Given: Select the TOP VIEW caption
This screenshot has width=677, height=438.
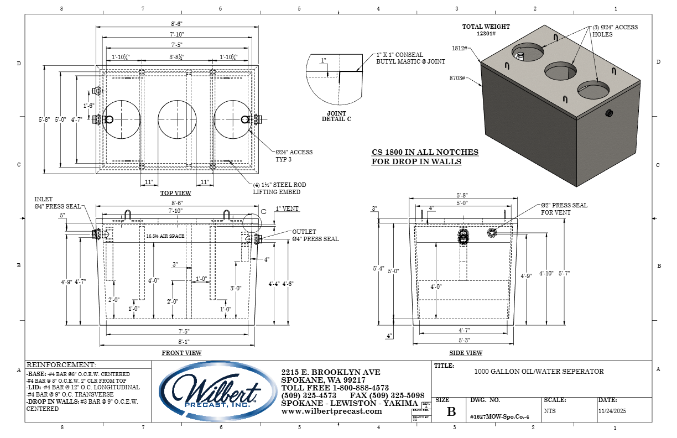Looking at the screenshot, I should [176, 193].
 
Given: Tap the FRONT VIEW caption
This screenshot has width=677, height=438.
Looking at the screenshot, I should [181, 353].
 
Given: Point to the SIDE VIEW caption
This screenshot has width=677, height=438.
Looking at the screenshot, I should [466, 353].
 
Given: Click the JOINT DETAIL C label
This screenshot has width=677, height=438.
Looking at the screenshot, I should [336, 116].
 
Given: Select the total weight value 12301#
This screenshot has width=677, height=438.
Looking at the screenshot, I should [486, 33].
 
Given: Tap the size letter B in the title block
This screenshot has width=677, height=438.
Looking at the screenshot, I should [451, 411].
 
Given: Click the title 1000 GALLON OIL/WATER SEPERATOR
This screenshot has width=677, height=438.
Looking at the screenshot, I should [539, 372].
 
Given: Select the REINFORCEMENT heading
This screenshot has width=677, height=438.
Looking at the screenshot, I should [61, 365].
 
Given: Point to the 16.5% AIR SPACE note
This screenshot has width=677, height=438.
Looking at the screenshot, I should [164, 236].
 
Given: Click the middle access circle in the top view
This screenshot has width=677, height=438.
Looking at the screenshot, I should [177, 119].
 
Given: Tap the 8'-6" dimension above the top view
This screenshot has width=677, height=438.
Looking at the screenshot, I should [177, 24].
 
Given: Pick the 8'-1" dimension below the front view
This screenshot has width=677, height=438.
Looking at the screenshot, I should [177, 342].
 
